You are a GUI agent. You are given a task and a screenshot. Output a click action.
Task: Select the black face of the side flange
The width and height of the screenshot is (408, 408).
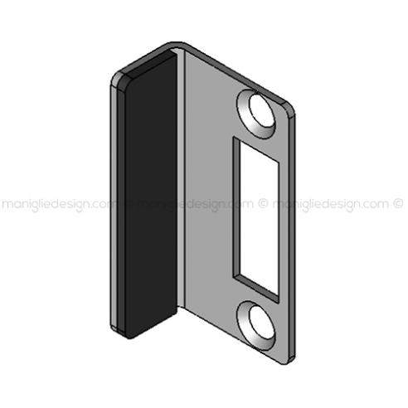tap(150, 193)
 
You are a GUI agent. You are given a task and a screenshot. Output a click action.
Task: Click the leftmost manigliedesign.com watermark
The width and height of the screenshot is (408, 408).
tap(59, 205)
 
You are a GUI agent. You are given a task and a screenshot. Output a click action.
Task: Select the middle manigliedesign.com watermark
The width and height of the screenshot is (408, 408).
tap(195, 205)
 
